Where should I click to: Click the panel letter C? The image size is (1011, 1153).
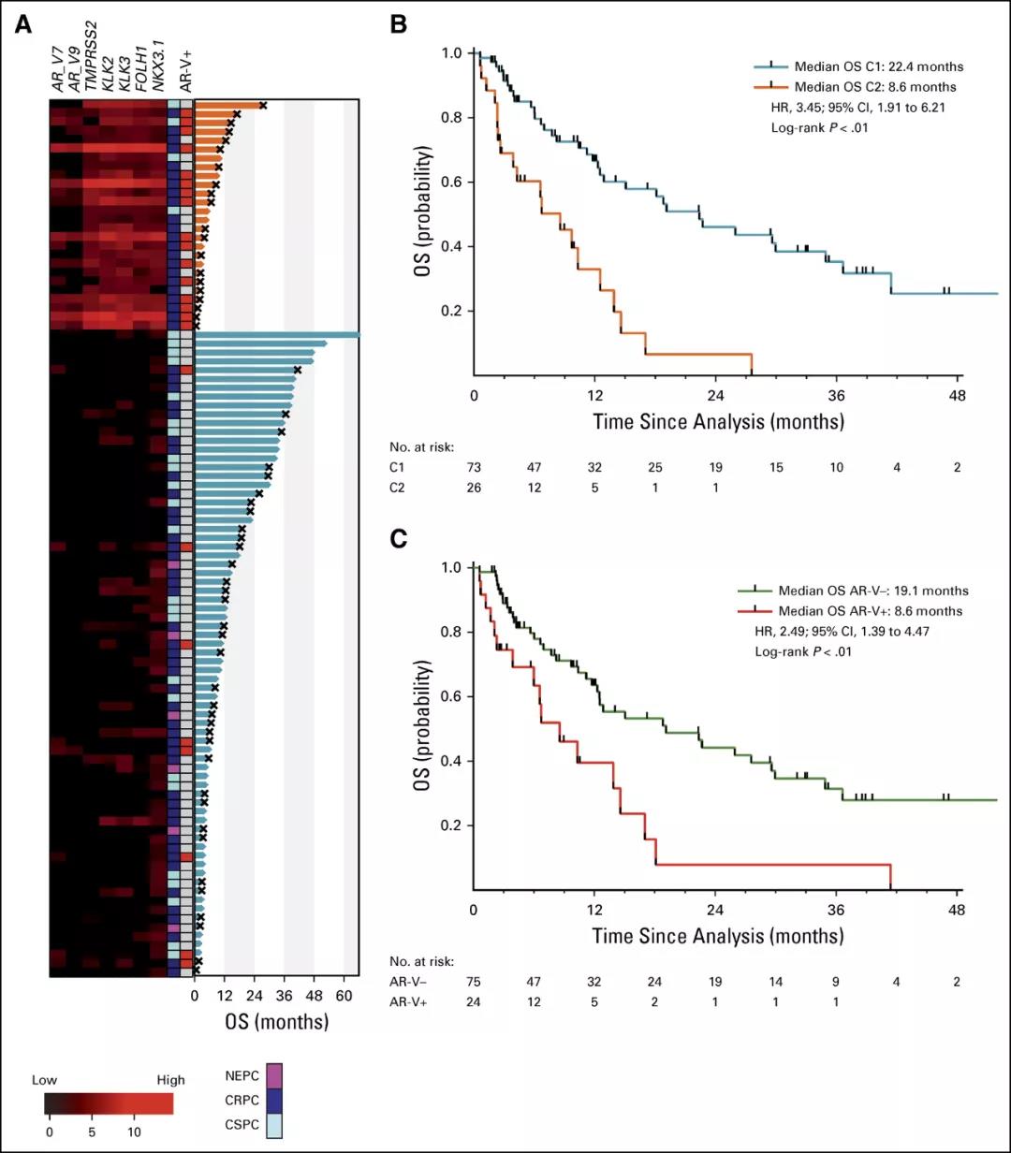[398, 539]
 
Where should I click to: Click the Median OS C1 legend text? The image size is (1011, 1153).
[878, 67]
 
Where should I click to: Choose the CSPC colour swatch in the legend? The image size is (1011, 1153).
[274, 1123]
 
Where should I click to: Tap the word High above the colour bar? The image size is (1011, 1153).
[170, 1080]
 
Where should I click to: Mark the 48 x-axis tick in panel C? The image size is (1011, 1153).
[957, 909]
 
